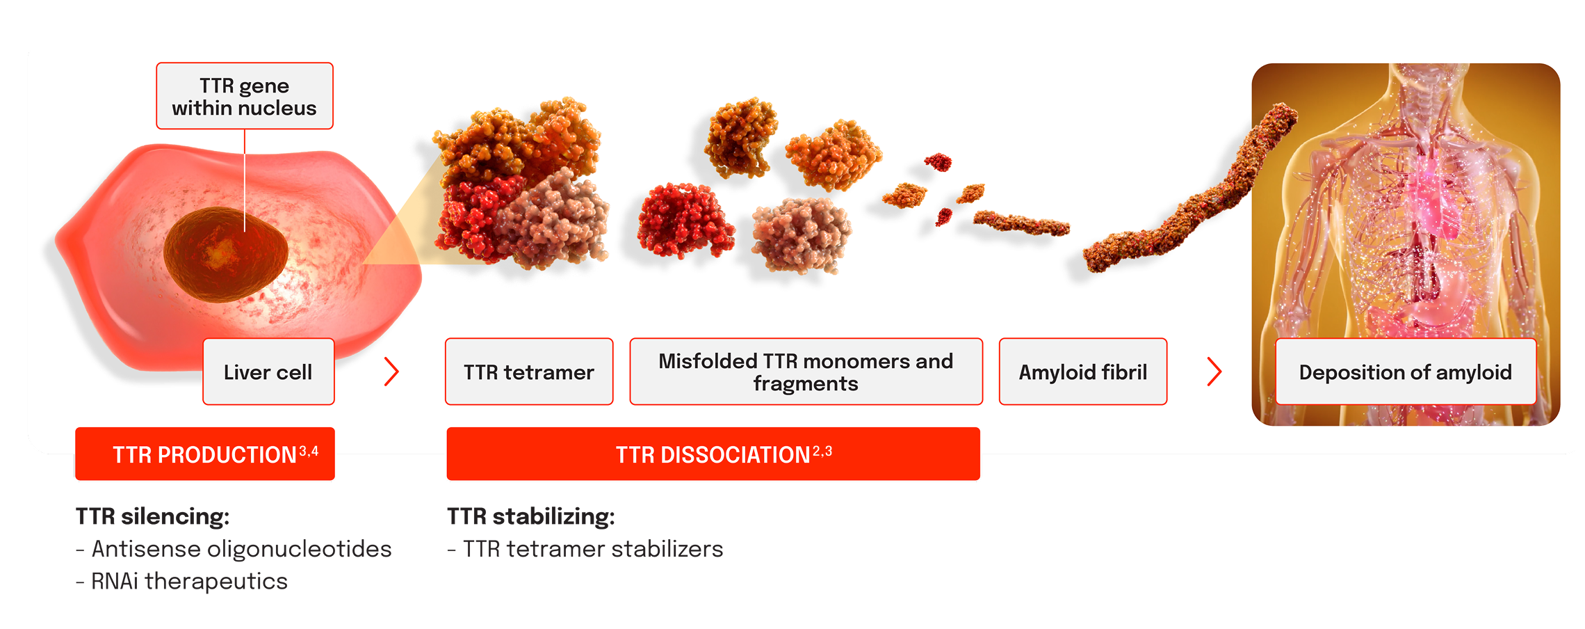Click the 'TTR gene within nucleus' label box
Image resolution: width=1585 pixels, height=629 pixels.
tap(245, 96)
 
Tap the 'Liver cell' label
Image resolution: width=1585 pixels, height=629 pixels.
tap(268, 372)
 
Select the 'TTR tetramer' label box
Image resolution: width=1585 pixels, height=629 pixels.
tap(529, 372)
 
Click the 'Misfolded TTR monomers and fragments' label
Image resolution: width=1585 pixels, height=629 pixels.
tap(806, 372)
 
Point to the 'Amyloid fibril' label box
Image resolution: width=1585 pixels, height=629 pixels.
tap(1083, 372)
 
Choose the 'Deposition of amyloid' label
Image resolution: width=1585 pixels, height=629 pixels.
tap(1406, 372)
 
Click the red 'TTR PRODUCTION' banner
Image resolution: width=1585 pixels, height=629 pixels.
tap(205, 454)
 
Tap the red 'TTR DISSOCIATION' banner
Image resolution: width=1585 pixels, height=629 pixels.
tap(713, 454)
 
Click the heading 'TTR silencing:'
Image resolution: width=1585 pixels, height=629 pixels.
tap(152, 516)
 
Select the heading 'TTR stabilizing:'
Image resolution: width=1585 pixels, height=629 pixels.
tap(531, 516)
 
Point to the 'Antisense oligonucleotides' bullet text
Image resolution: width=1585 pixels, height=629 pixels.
tap(234, 549)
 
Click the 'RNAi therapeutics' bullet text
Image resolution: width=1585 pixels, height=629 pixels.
tap(181, 581)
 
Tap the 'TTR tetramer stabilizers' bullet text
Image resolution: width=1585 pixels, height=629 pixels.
tap(585, 549)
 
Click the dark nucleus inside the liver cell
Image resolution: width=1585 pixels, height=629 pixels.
tap(226, 255)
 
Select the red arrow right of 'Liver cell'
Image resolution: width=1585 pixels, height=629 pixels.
tap(392, 372)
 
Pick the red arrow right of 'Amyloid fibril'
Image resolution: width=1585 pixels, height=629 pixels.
tap(1214, 372)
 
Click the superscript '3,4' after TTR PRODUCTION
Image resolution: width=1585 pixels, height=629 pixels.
tap(309, 452)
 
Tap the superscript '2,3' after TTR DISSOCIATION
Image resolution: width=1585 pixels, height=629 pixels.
tap(822, 452)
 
